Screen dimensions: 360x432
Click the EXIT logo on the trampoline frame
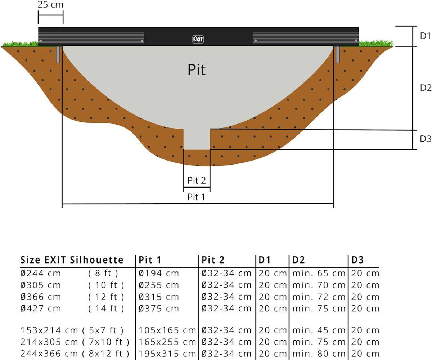pos(198,40)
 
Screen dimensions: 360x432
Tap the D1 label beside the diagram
pos(426,36)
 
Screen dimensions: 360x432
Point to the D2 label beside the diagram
pos(426,87)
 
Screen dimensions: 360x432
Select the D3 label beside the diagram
pos(426,139)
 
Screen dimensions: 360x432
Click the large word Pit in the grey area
pos(197,69)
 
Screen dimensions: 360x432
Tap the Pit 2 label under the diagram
pos(197,180)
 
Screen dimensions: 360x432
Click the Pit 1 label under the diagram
pos(197,197)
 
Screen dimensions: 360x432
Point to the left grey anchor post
pos(58,54)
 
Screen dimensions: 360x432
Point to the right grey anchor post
pos(338,54)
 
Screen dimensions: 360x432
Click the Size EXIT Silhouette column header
pos(72,260)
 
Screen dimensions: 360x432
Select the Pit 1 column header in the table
pos(150,260)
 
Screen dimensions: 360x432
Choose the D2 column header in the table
pos(298,260)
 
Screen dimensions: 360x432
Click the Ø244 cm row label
pos(41,273)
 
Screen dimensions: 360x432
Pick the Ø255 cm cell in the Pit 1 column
pos(159,285)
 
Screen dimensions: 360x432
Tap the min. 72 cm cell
pos(319,297)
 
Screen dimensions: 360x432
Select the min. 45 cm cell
pos(319,330)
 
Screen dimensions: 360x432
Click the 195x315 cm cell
pos(167,354)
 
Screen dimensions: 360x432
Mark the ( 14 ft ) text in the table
pos(106,309)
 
